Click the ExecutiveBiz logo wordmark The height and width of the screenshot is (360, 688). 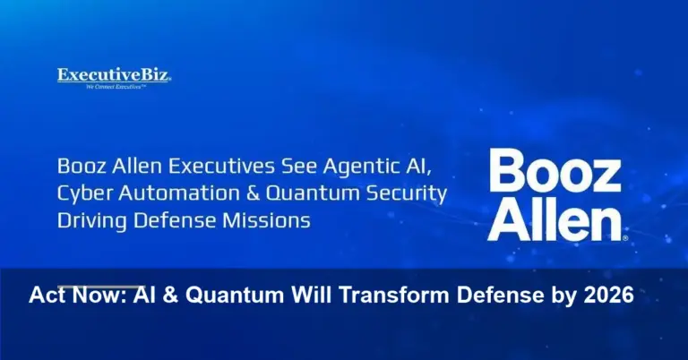click(114, 76)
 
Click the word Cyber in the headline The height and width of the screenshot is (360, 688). click(82, 193)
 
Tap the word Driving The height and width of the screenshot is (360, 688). click(90, 220)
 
